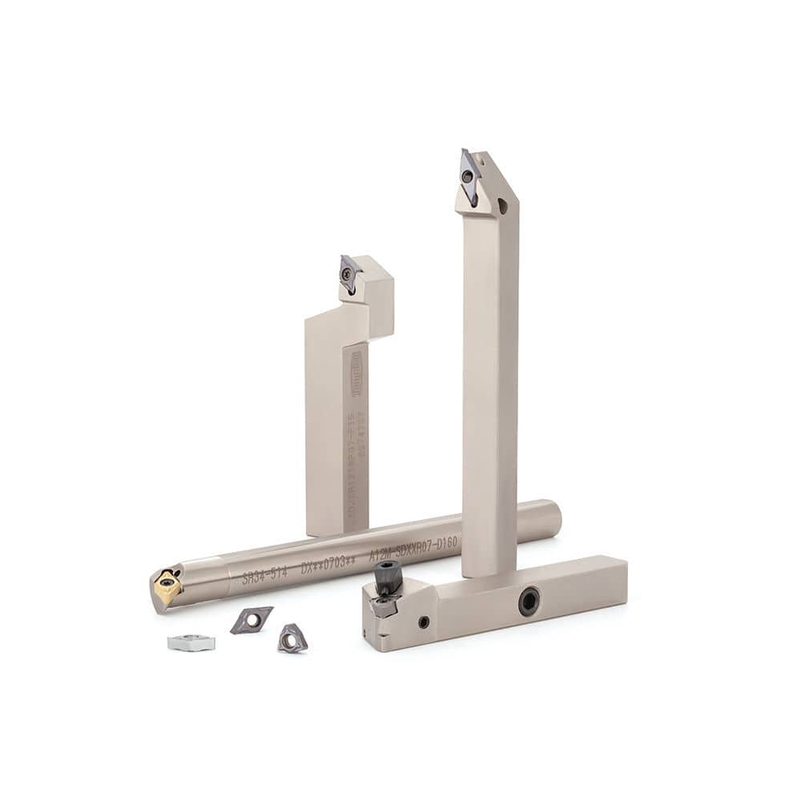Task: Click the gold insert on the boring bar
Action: [x=167, y=587]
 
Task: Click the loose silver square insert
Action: [x=191, y=642]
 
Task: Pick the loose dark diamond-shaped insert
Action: [x=251, y=620]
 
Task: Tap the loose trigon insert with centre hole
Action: [x=292, y=638]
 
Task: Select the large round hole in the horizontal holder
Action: [x=529, y=601]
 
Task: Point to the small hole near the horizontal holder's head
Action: [x=424, y=622]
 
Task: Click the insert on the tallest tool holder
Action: [x=469, y=175]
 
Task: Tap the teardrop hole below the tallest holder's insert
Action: [x=502, y=206]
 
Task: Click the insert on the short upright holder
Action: [x=348, y=274]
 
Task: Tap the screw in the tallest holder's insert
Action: [x=467, y=175]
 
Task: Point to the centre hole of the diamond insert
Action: [x=251, y=619]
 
